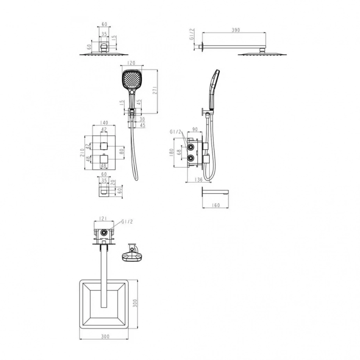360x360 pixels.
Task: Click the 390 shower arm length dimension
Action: coord(236,30)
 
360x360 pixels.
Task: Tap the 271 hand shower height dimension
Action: coord(155,90)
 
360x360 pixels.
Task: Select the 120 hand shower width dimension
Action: coord(131,63)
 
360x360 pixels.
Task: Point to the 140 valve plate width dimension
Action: coord(104,123)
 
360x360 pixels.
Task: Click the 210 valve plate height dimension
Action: coord(82,153)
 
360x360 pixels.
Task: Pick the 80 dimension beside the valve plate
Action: coord(121,151)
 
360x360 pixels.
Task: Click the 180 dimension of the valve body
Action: coord(171,152)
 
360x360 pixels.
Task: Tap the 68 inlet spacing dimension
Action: coord(179,152)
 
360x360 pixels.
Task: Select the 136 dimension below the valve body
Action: coord(198,179)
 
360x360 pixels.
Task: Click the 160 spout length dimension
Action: coord(216,205)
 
